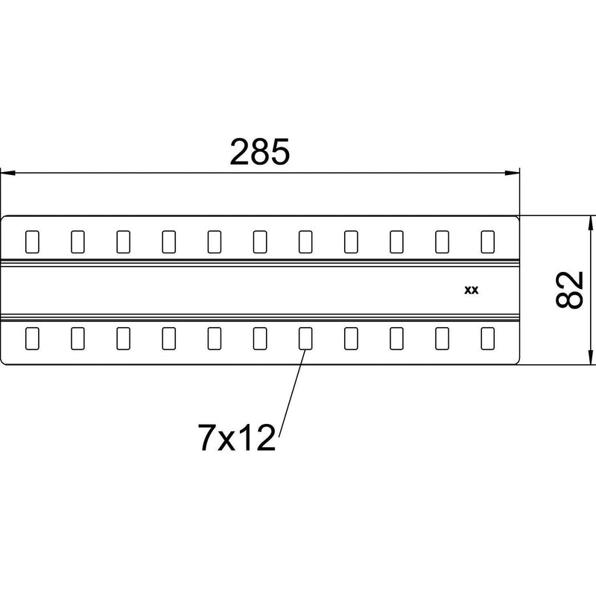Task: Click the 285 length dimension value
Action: click(259, 152)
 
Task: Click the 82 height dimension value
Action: click(569, 290)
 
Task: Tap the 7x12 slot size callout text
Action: click(236, 437)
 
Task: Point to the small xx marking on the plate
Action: click(472, 291)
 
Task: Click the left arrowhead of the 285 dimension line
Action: click(7, 173)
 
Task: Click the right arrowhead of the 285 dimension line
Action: click(512, 173)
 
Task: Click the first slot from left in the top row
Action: click(32, 241)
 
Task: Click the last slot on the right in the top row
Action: click(488, 241)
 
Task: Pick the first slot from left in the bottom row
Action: click(32, 338)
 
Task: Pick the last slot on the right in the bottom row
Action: click(488, 338)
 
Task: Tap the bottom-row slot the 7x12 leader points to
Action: click(305, 338)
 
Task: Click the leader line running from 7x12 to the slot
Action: click(292, 393)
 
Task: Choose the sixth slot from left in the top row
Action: click(260, 241)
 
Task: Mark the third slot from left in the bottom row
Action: click(124, 338)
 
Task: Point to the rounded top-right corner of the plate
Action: click(517, 218)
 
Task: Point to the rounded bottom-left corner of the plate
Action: click(3, 362)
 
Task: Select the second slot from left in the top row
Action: click(78, 241)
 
